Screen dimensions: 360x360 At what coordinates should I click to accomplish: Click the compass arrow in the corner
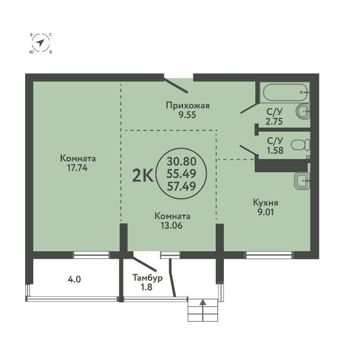click(x=41, y=43)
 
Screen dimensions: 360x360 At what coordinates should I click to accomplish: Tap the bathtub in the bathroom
click(x=286, y=92)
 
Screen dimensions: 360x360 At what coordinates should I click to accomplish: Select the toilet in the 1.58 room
click(x=300, y=145)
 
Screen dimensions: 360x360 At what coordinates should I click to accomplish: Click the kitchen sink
click(x=302, y=181)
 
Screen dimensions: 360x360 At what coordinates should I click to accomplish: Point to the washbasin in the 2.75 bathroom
click(x=303, y=112)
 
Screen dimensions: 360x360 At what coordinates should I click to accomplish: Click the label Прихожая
click(x=188, y=106)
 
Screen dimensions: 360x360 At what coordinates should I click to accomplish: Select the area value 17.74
click(x=77, y=168)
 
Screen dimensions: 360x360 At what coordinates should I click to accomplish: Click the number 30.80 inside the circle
click(x=181, y=161)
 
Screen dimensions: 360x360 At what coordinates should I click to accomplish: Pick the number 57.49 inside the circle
click(x=181, y=186)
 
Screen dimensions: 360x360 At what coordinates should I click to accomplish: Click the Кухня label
click(x=266, y=203)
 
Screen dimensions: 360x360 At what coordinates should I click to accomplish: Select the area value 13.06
click(x=172, y=226)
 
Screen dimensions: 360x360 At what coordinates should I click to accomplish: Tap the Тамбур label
click(x=148, y=278)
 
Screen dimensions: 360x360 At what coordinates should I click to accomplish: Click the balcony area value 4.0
click(x=74, y=279)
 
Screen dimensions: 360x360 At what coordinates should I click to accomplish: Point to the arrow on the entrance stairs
click(x=203, y=310)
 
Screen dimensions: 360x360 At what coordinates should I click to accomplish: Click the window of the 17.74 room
click(x=91, y=255)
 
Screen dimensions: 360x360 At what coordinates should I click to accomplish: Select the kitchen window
click(x=269, y=255)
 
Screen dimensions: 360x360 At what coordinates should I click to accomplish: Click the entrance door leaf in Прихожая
click(x=175, y=86)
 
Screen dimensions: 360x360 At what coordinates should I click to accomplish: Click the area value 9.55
click(x=188, y=115)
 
